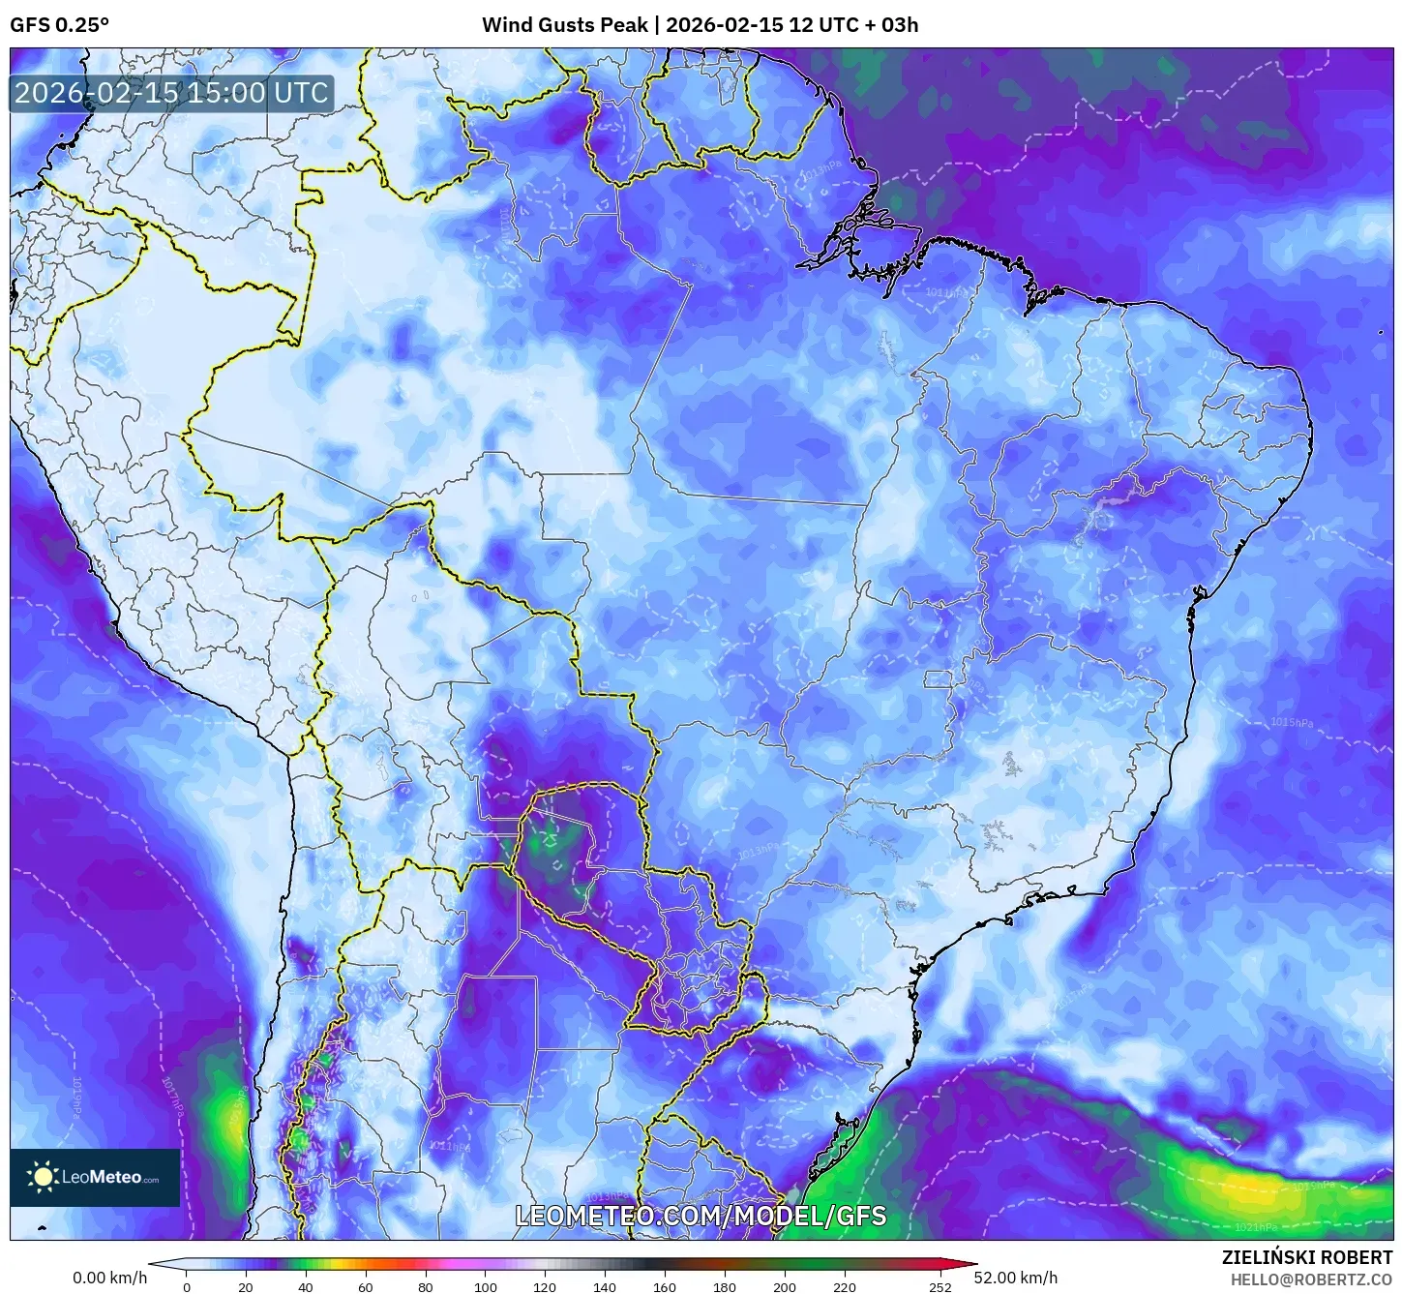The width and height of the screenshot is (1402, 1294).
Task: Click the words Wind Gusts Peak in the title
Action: [x=564, y=25]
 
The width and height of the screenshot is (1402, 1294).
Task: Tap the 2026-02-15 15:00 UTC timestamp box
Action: [x=171, y=93]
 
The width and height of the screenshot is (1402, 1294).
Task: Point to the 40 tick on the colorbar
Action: [x=306, y=1286]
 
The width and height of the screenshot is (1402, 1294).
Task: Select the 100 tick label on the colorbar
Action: [x=485, y=1286]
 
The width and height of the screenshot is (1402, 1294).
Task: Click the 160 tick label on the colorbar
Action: [x=664, y=1286]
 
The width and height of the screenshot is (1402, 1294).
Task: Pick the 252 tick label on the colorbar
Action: [x=940, y=1286]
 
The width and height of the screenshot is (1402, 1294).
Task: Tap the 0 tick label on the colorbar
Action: [x=187, y=1286]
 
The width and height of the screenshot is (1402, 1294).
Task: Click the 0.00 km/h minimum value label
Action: [x=109, y=1278]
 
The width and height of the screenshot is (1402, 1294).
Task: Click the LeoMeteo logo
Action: [x=95, y=1177]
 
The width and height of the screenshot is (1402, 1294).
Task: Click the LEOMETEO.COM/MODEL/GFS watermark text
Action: [x=700, y=1216]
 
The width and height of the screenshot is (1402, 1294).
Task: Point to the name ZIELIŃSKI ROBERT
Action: [x=1306, y=1257]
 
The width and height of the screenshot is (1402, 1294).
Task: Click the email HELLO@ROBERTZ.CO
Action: [x=1311, y=1279]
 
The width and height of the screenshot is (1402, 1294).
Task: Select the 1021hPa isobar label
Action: [x=1255, y=1227]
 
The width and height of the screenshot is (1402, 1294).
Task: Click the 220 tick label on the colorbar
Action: [x=844, y=1286]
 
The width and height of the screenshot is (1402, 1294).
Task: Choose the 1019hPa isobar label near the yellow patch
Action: [x=1313, y=1186]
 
